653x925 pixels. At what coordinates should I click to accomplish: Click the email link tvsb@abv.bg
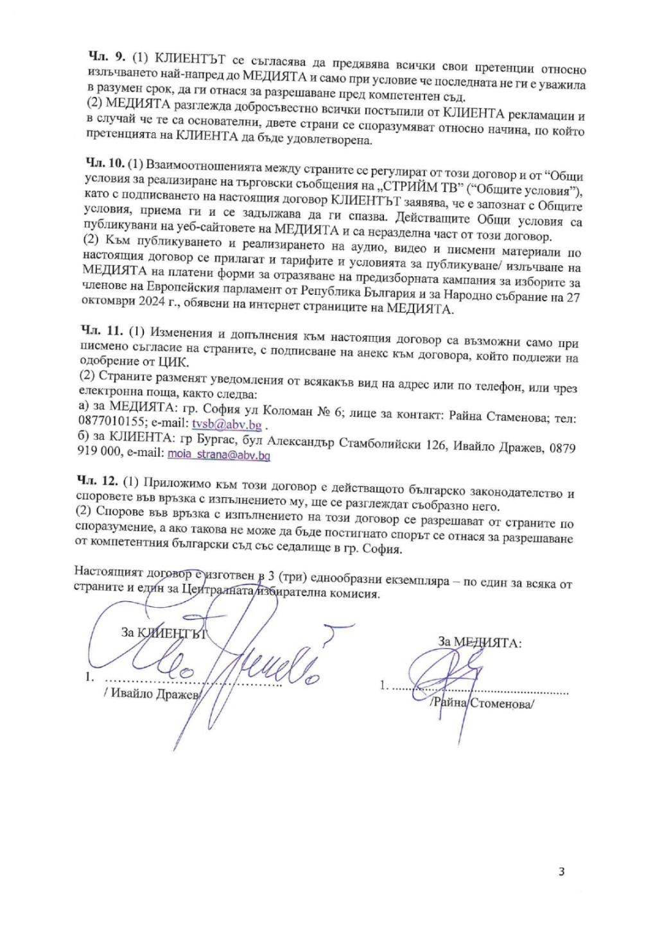(x=226, y=425)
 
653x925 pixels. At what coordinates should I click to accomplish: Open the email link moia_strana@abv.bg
(x=218, y=454)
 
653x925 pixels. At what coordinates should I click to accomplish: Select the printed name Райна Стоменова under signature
(x=485, y=703)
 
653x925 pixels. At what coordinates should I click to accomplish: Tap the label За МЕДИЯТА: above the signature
(x=479, y=642)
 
